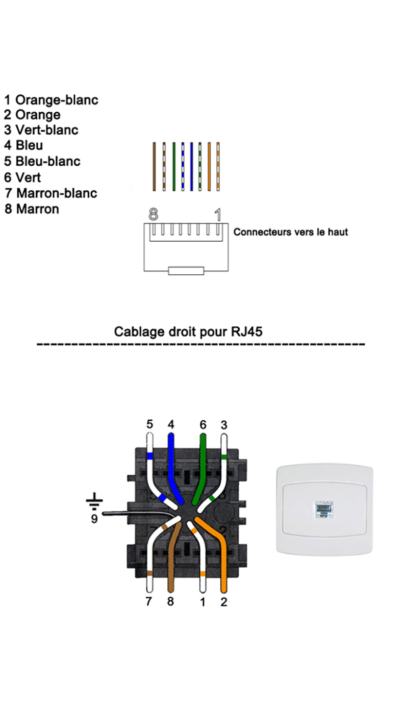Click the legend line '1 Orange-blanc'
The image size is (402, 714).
pos(51,99)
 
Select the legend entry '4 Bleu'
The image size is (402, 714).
pos(23,146)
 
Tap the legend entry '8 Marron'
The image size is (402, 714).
pos(32,209)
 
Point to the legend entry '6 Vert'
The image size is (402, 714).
pos(22,177)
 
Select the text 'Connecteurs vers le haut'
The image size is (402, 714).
pos(290,232)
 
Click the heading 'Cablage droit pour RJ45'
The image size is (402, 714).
pos(188,332)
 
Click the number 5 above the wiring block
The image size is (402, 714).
pos(149,424)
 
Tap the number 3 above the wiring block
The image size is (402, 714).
pos(223,424)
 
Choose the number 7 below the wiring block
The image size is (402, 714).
pos(148,602)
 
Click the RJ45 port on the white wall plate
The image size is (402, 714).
pos(323,509)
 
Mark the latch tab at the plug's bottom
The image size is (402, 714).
pos(186,270)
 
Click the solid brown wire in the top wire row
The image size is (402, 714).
pos(154,167)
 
